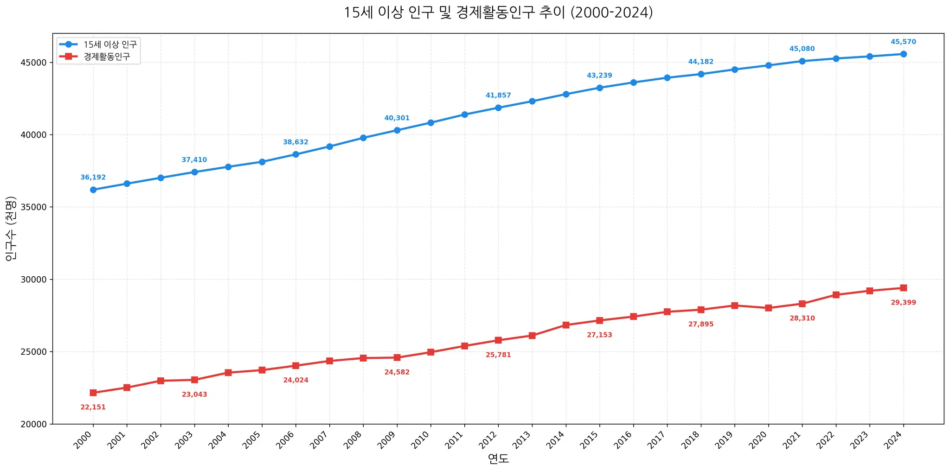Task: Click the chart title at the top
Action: click(x=498, y=13)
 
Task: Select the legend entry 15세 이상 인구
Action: click(x=110, y=45)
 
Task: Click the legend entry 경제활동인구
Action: click(x=107, y=57)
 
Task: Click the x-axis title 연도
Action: click(x=498, y=459)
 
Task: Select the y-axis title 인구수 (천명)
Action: click(x=11, y=229)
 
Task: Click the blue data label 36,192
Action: click(x=93, y=178)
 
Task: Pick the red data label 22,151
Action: click(x=93, y=407)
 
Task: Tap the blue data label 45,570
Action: click(x=903, y=42)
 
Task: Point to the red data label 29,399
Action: click(x=903, y=303)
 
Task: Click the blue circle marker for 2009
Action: click(x=397, y=130)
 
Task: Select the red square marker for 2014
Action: click(x=566, y=325)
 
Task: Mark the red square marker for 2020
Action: click(x=768, y=308)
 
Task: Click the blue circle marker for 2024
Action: click(x=903, y=54)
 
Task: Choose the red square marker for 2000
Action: click(x=93, y=393)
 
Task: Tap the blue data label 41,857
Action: click(x=498, y=95)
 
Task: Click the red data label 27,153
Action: click(x=599, y=335)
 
